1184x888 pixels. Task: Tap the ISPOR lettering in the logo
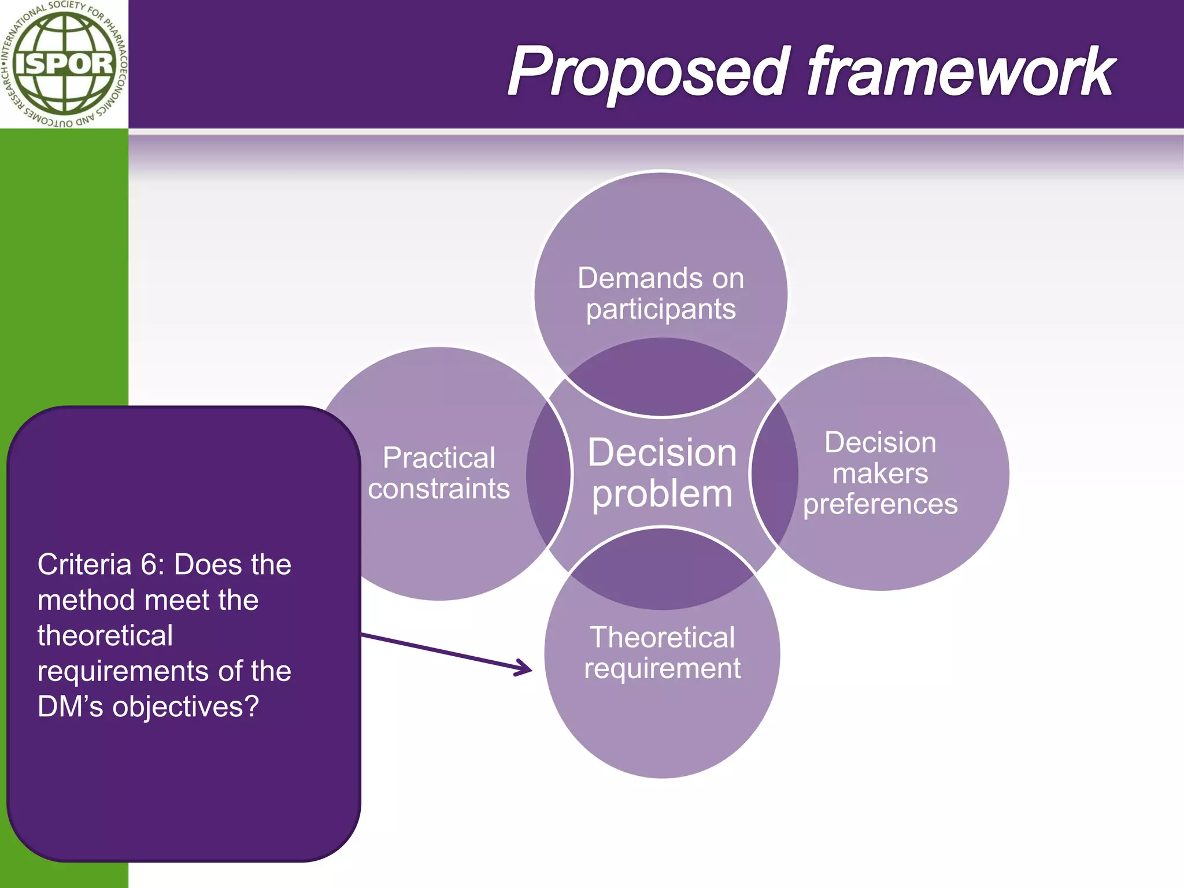pyautogui.click(x=64, y=64)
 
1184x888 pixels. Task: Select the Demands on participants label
pyautogui.click(x=661, y=294)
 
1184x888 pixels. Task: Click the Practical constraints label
pyautogui.click(x=439, y=473)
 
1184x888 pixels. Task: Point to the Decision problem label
pyautogui.click(x=662, y=473)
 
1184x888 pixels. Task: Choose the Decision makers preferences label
pyautogui.click(x=880, y=473)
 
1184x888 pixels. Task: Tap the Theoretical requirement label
pyautogui.click(x=662, y=653)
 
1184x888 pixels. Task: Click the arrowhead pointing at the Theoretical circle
pyautogui.click(x=523, y=668)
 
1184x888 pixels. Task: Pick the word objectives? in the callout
pyautogui.click(x=186, y=707)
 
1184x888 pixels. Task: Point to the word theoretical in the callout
pyautogui.click(x=105, y=636)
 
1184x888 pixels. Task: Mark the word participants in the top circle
pyautogui.click(x=661, y=310)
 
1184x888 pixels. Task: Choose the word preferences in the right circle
pyautogui.click(x=880, y=504)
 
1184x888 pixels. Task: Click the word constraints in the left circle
pyautogui.click(x=439, y=489)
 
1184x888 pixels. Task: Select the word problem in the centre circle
pyautogui.click(x=662, y=495)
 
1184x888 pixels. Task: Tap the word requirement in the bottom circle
pyautogui.click(x=662, y=669)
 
